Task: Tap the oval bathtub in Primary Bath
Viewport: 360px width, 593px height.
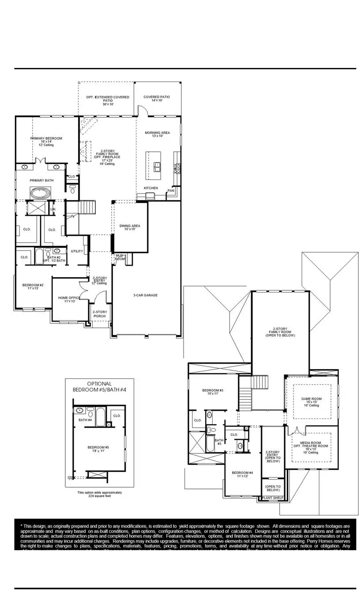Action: click(x=40, y=193)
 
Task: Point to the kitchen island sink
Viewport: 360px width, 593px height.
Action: click(x=157, y=166)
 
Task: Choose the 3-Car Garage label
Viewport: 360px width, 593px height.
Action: click(x=146, y=295)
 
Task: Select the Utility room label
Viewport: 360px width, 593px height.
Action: click(x=77, y=251)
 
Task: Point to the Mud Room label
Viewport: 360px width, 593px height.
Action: click(x=120, y=257)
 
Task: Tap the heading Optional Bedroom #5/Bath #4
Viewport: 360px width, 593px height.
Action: click(x=99, y=387)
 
